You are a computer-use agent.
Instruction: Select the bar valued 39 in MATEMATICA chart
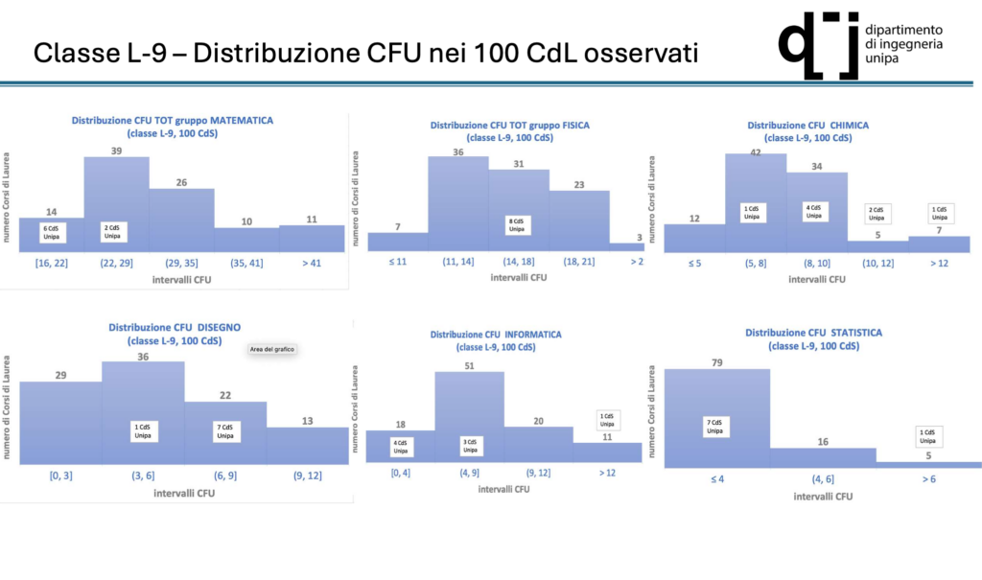(116, 192)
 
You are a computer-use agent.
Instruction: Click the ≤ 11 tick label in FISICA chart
(397, 261)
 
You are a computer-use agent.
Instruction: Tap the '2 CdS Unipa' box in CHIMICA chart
(877, 215)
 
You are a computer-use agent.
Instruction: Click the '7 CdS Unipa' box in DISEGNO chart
(225, 430)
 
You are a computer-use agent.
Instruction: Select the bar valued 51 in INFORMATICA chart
(469, 403)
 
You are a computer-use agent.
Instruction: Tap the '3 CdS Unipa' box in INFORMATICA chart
(469, 446)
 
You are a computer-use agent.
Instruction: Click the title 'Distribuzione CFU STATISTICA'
(814, 333)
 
